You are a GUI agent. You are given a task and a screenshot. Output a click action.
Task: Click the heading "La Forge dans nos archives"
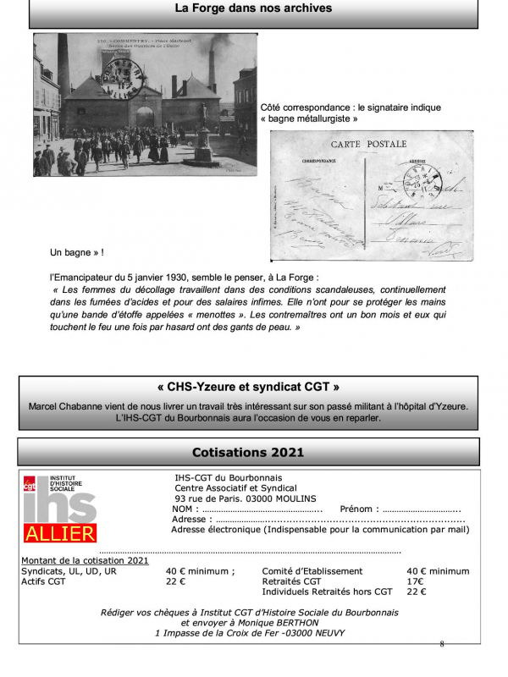(253, 9)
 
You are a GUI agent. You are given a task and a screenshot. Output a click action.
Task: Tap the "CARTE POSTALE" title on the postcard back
(368, 145)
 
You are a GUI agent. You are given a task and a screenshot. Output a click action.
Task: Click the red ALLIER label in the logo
(60, 534)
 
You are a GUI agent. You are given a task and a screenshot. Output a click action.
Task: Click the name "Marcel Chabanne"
(66, 407)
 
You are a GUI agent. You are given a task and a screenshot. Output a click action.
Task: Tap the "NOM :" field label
(184, 509)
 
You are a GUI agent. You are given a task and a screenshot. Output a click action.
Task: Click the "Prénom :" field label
(358, 509)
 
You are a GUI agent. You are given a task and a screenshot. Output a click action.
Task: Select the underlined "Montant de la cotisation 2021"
(84, 560)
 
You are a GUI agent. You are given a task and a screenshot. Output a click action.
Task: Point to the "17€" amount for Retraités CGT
(415, 581)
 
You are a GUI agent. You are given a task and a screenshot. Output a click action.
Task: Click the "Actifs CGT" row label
(43, 581)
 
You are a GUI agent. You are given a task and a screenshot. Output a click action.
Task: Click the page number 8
(441, 644)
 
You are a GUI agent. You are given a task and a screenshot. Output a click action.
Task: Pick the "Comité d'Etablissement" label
(312, 571)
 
